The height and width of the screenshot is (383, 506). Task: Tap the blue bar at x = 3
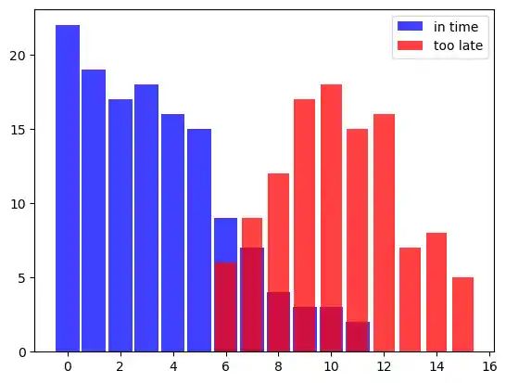[146, 218]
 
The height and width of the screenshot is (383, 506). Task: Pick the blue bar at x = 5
[199, 240]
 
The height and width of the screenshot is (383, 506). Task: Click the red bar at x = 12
[384, 233]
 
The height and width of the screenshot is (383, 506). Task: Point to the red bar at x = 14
[436, 292]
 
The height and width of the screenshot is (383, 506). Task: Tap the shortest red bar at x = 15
[462, 314]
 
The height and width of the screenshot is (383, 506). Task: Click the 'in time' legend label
[450, 28]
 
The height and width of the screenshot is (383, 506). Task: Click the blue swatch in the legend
[411, 28]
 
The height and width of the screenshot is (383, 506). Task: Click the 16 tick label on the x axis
[488, 366]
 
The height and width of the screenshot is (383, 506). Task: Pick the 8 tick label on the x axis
[278, 366]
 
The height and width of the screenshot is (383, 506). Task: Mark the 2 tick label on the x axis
[120, 366]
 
